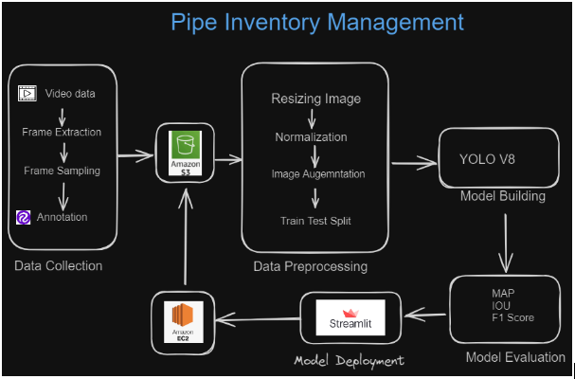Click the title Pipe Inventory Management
click(x=317, y=22)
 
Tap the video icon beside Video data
click(x=27, y=94)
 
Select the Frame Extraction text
click(x=62, y=133)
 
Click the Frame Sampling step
click(x=62, y=171)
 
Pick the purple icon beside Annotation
click(x=25, y=217)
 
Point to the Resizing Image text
click(x=315, y=99)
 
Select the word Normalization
click(x=311, y=137)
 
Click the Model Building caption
click(x=502, y=196)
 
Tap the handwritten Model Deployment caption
click(x=349, y=361)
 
